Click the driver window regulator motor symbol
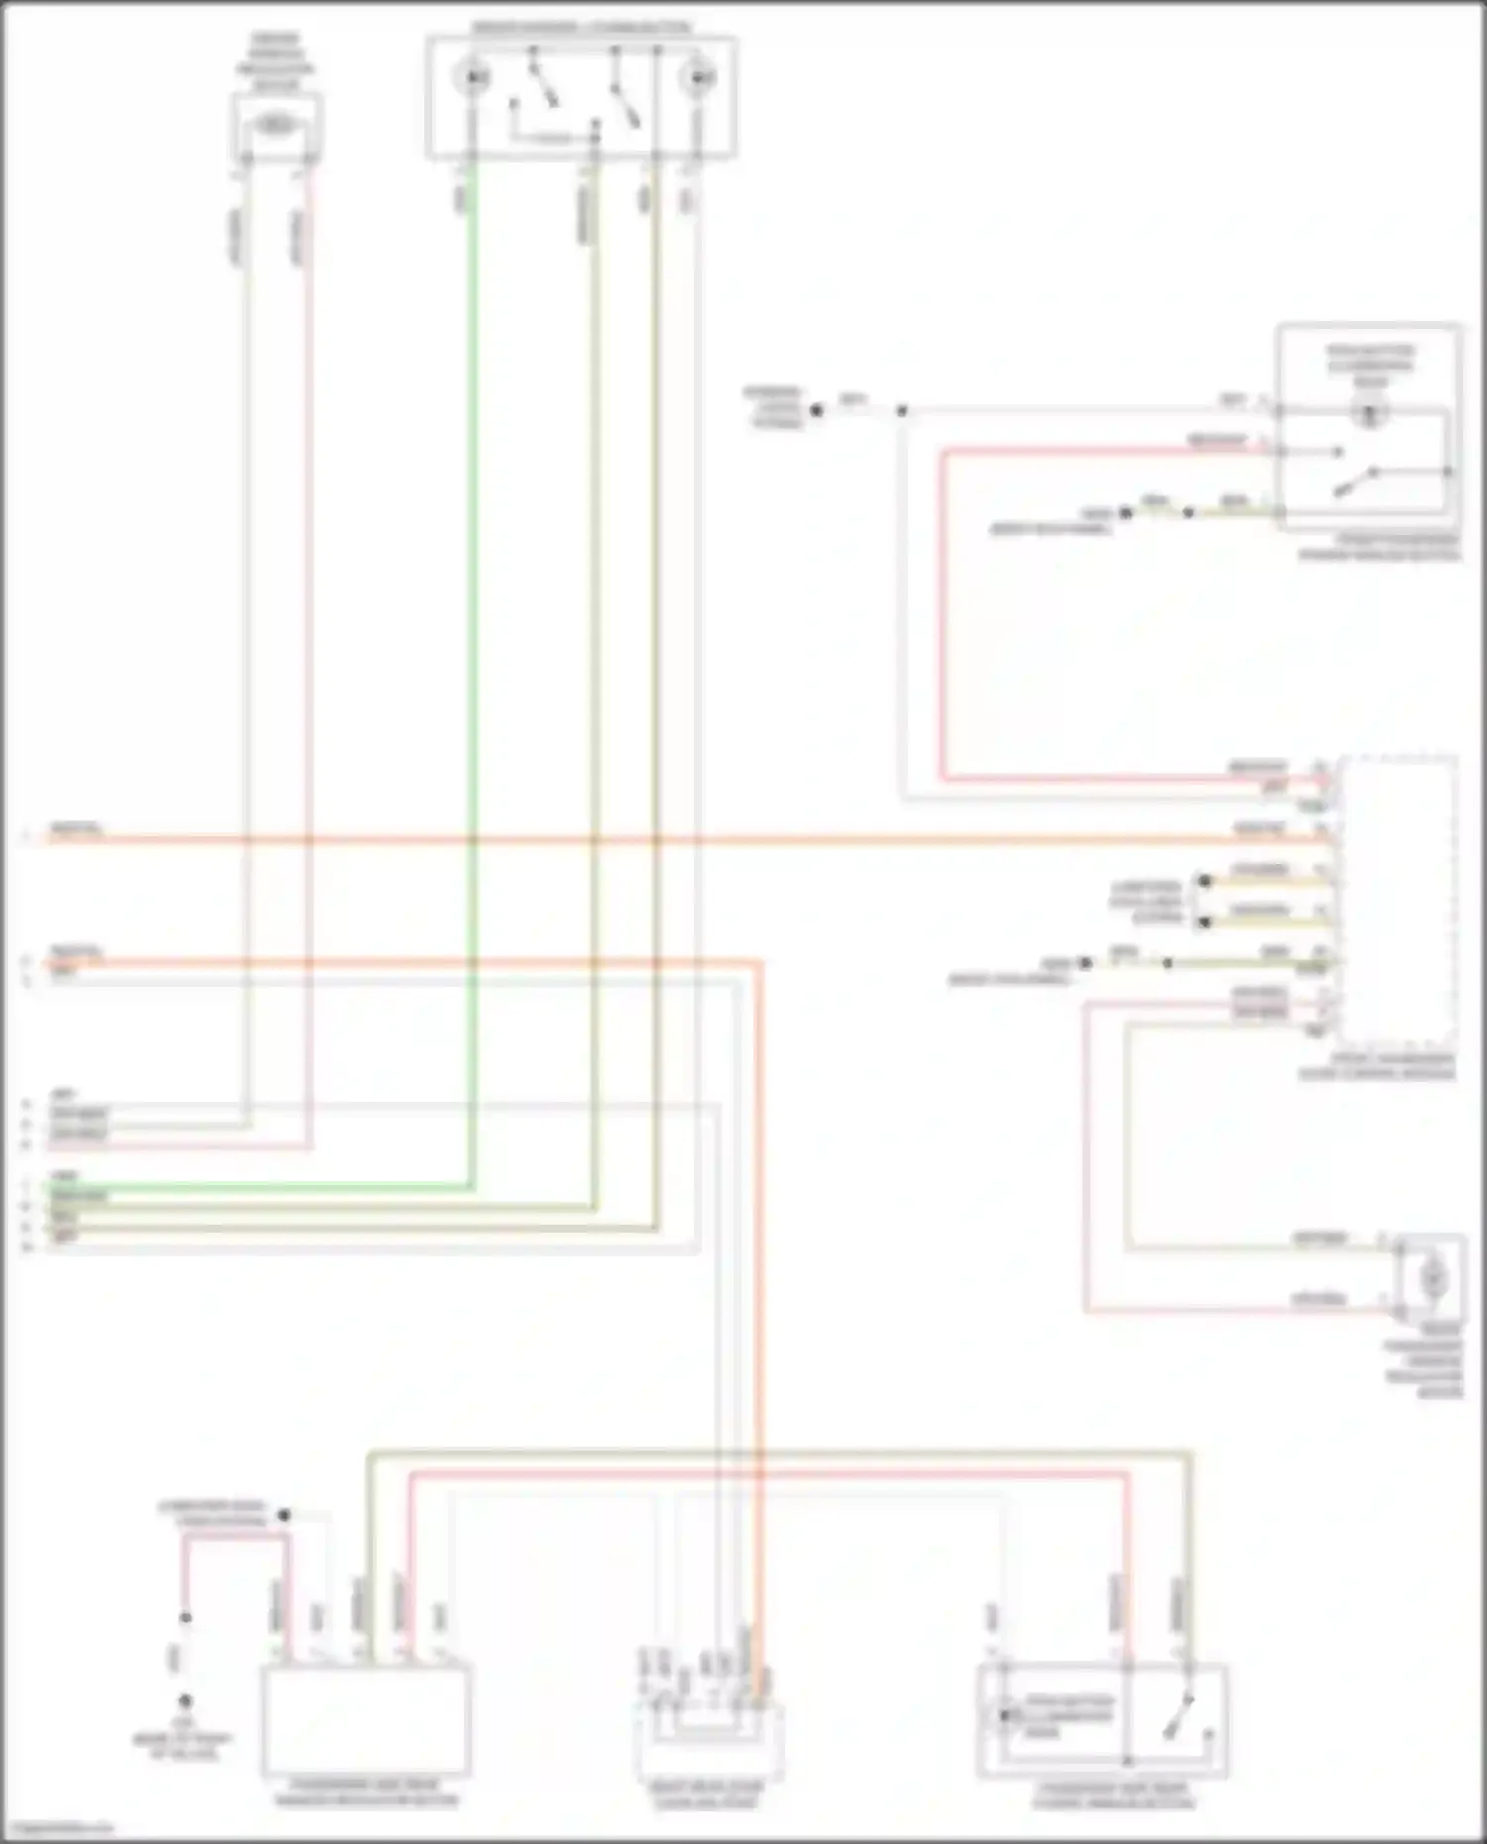pos(275,125)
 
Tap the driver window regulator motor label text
pos(275,62)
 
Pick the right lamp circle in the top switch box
pos(698,76)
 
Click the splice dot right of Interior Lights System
pos(817,409)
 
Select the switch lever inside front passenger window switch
pos(1354,484)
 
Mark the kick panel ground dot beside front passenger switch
pos(1125,513)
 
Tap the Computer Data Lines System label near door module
pos(1146,902)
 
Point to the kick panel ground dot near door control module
pos(1086,963)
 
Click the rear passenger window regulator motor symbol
pos(1431,1278)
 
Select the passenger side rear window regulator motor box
pos(366,1722)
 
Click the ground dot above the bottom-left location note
pos(185,1701)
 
